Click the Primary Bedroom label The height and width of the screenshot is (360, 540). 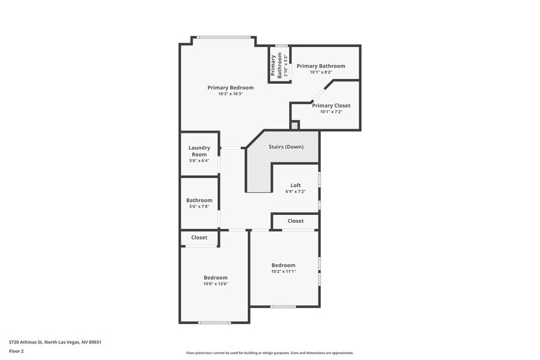[230, 88]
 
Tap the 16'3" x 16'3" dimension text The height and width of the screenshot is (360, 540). [230, 94]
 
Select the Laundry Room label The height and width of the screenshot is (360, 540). [199, 151]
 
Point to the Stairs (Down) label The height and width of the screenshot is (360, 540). [286, 147]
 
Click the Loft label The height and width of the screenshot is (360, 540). [295, 185]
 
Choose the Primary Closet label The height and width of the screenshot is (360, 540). [331, 105]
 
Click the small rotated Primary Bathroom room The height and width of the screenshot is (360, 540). [277, 66]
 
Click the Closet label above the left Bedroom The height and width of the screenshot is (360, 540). [199, 238]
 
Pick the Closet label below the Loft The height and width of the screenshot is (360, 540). [295, 221]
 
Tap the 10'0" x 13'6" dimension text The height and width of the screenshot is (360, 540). [216, 284]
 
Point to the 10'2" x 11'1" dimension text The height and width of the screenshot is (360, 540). [283, 272]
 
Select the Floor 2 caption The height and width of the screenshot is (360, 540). [17, 351]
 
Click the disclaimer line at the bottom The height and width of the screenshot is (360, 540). [269, 353]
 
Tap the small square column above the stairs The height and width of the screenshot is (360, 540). [294, 126]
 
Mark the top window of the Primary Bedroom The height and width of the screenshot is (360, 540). [223, 37]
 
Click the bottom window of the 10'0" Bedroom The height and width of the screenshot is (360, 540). [214, 322]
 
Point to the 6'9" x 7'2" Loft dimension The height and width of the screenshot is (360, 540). [295, 192]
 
